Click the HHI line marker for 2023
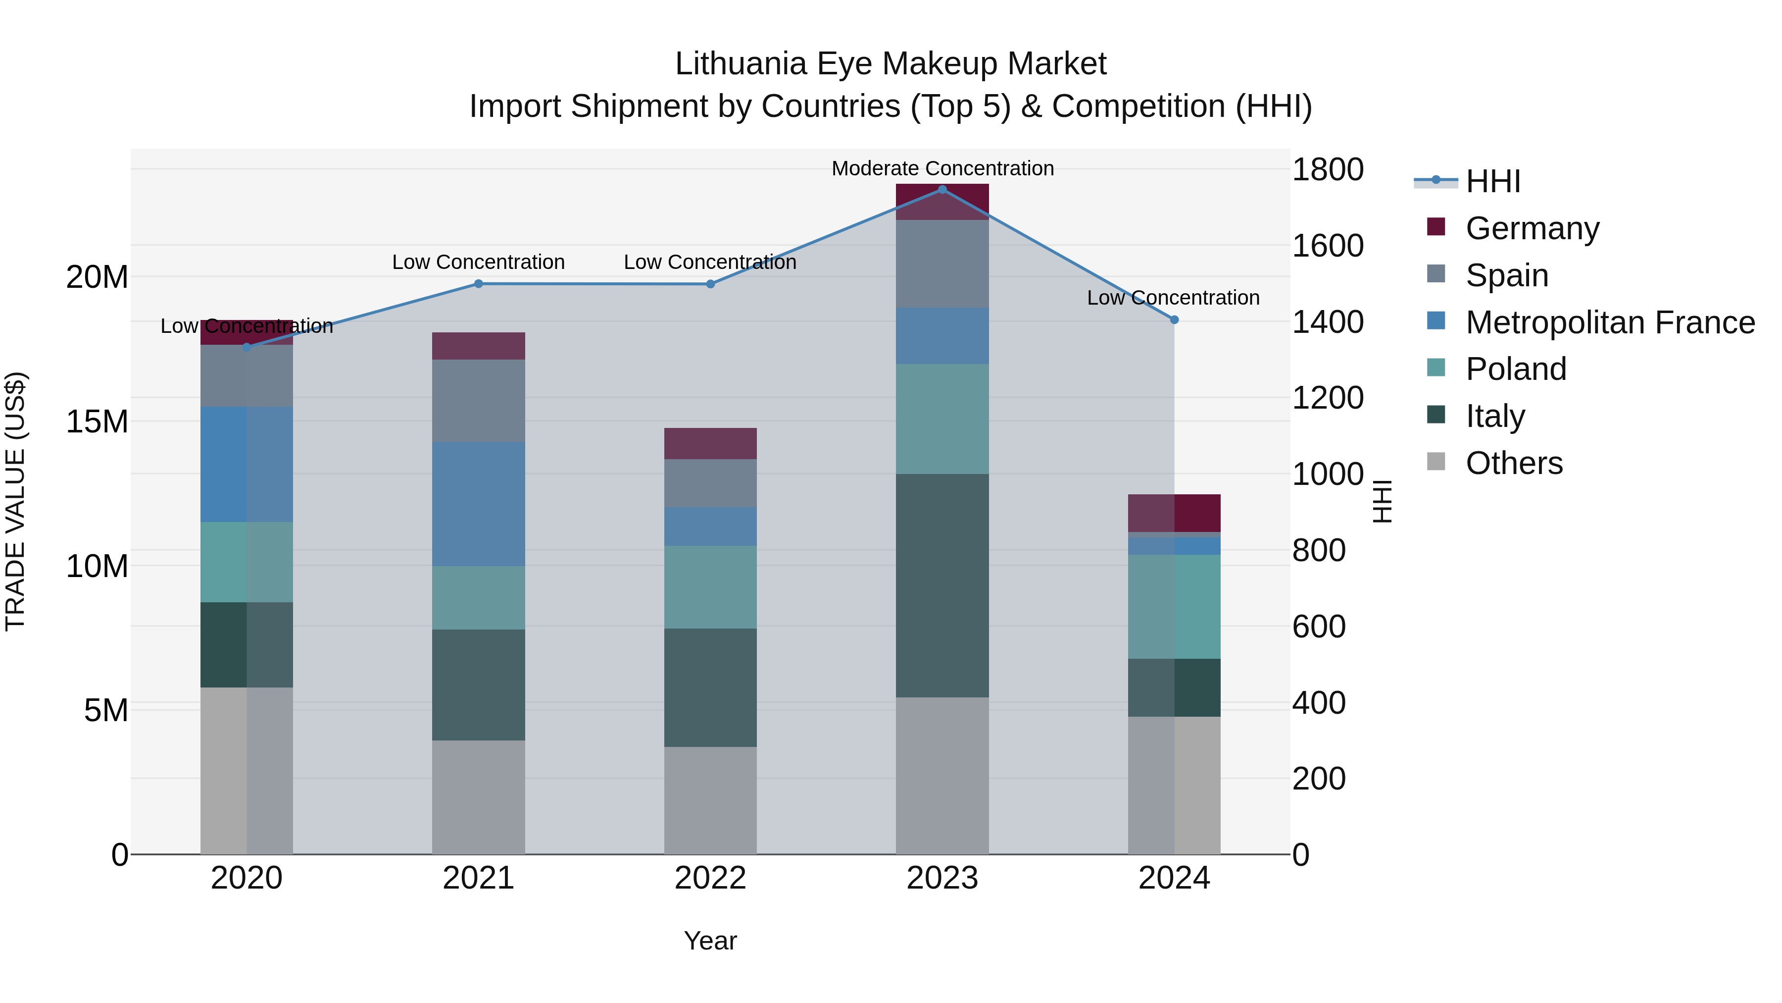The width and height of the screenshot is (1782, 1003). pos(942,189)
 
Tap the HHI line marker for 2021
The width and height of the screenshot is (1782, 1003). pos(478,284)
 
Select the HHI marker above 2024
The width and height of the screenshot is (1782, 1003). pos(1174,320)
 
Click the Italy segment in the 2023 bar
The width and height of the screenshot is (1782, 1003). pos(942,585)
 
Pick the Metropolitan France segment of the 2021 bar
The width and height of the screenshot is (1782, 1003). pos(478,504)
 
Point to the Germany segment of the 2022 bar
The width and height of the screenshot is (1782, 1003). pos(710,444)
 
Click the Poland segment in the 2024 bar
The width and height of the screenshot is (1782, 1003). pos(1174,606)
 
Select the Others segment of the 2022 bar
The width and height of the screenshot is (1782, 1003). pos(710,800)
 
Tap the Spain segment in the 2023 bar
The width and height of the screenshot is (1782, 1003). pos(942,264)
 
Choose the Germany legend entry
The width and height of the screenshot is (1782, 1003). pos(1532,228)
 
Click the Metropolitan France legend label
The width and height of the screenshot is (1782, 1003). pos(1610,322)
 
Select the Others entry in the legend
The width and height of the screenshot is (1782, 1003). pos(1514,463)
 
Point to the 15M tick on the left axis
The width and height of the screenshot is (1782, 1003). pos(97,422)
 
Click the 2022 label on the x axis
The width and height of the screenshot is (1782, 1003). pos(710,878)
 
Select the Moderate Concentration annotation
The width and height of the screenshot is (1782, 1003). pos(942,168)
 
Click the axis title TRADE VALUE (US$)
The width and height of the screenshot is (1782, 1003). pos(15,501)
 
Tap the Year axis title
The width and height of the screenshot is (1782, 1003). pos(710,941)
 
